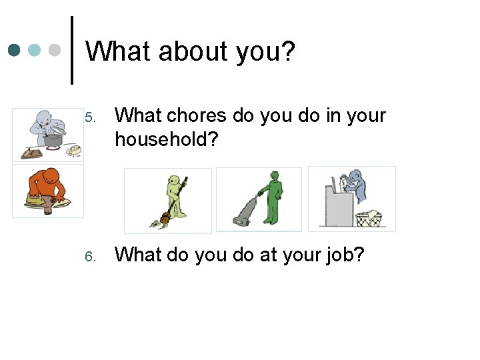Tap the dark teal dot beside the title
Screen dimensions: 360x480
15,50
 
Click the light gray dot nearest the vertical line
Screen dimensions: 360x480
55,50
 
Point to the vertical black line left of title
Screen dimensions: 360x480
72,50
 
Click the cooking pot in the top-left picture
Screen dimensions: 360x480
53,139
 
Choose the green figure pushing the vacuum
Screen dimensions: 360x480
272,196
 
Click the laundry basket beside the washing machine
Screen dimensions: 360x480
367,218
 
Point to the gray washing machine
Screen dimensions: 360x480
337,205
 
